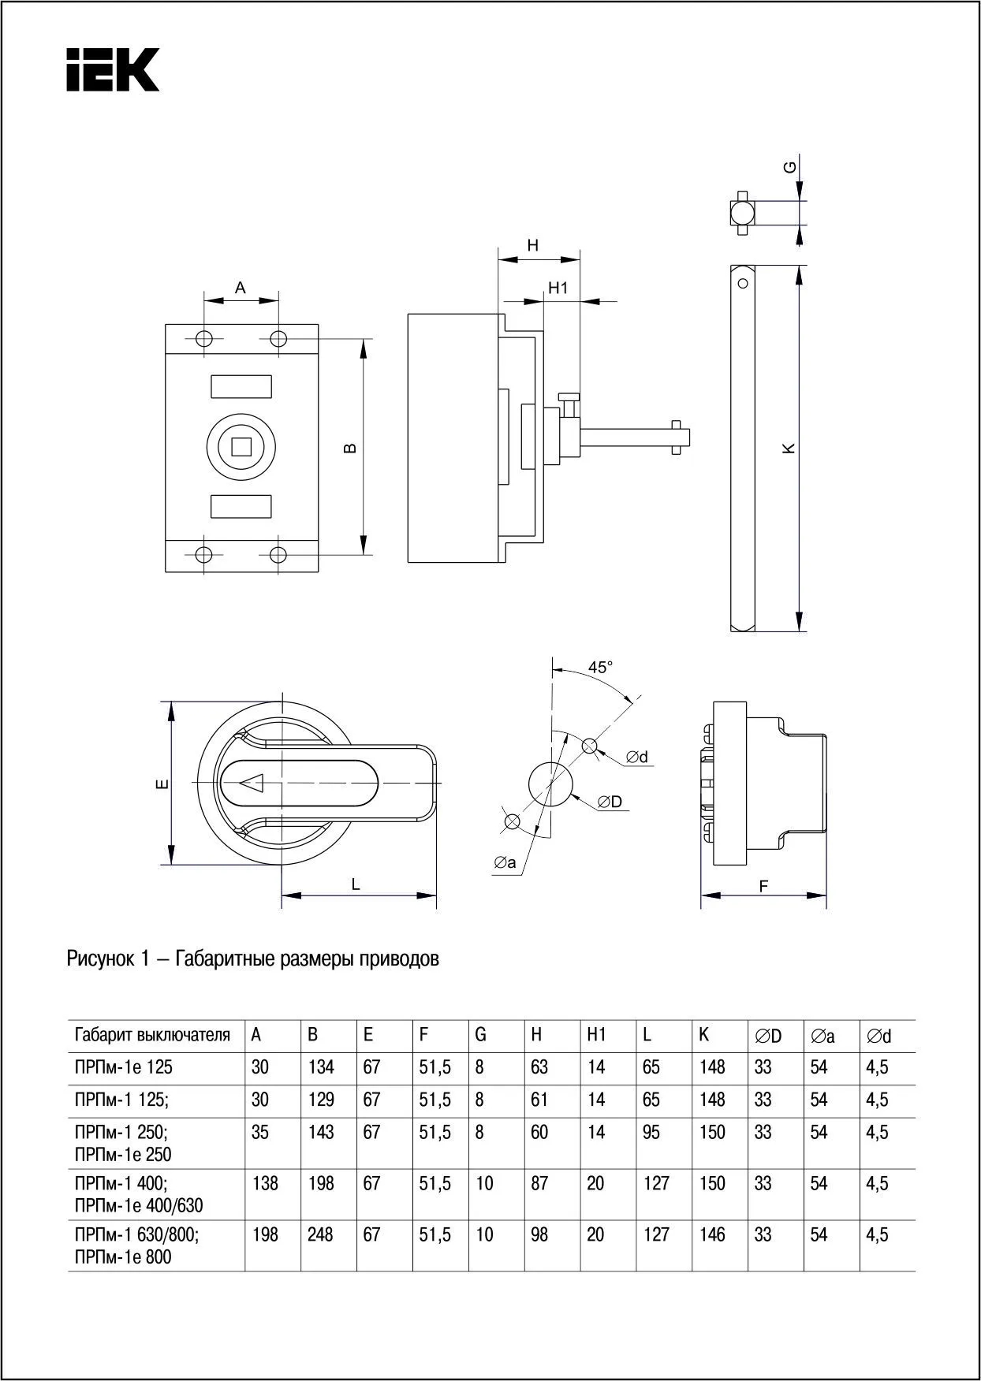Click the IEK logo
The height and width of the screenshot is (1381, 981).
[112, 69]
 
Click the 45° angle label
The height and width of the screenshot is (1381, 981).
[600, 667]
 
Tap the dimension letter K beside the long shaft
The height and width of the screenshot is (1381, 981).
[789, 448]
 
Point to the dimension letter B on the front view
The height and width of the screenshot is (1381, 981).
[351, 448]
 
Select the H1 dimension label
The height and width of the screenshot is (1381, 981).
[558, 288]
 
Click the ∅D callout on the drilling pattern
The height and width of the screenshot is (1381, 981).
[610, 802]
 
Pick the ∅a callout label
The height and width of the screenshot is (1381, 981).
[505, 863]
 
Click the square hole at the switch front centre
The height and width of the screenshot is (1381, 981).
[241, 447]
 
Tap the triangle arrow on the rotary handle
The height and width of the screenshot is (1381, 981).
[252, 783]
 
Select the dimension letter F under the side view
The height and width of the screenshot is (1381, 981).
[763, 886]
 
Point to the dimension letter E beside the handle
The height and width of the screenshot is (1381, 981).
[161, 784]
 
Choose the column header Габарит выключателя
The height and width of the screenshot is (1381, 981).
[152, 1035]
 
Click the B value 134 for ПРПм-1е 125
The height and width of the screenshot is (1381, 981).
[320, 1067]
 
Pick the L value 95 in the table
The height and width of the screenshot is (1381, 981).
[651, 1132]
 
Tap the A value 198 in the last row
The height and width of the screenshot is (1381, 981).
[265, 1234]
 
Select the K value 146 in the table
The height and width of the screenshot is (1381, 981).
[711, 1234]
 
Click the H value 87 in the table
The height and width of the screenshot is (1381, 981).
[539, 1183]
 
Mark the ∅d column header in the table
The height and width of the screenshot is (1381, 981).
[878, 1036]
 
